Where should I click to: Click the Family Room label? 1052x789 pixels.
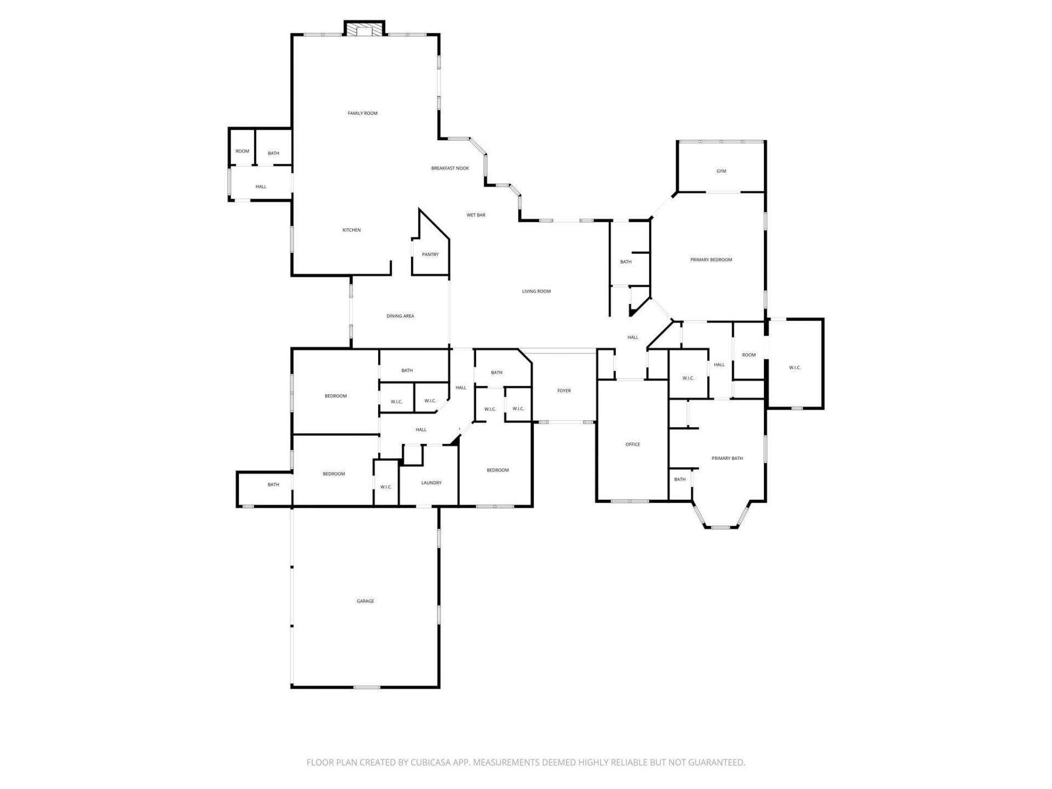pyautogui.click(x=363, y=113)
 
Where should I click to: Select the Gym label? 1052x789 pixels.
pyautogui.click(x=721, y=171)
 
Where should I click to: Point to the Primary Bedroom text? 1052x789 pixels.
pyautogui.click(x=711, y=260)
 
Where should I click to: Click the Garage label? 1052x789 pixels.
pyautogui.click(x=365, y=601)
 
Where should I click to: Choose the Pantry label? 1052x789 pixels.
pyautogui.click(x=430, y=255)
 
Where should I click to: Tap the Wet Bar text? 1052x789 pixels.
pyautogui.click(x=476, y=215)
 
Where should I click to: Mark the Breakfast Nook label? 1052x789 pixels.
pyautogui.click(x=450, y=168)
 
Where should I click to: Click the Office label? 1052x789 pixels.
pyautogui.click(x=632, y=444)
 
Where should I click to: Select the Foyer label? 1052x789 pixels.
pyautogui.click(x=564, y=391)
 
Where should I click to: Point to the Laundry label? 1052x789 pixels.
pyautogui.click(x=431, y=483)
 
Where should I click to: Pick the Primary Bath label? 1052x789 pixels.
pyautogui.click(x=727, y=458)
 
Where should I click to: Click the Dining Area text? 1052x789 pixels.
pyautogui.click(x=400, y=316)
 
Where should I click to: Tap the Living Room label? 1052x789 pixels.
pyautogui.click(x=536, y=291)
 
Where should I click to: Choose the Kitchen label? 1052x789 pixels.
pyautogui.click(x=351, y=230)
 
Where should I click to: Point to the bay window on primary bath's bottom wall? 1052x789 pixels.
pyautogui.click(x=721, y=527)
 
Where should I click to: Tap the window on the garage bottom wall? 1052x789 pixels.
pyautogui.click(x=367, y=687)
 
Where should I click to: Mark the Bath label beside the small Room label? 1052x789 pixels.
pyautogui.click(x=273, y=153)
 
